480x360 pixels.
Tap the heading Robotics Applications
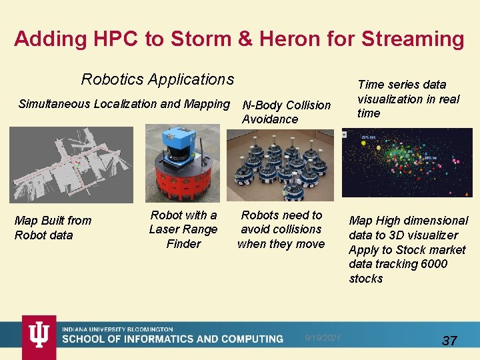pyautogui.click(x=157, y=79)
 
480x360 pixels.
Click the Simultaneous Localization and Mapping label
pyautogui.click(x=123, y=104)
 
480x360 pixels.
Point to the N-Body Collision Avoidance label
pyautogui.click(x=286, y=112)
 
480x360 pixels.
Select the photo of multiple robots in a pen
pyautogui.click(x=280, y=165)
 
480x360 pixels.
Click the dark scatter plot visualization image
pyautogui.click(x=407, y=163)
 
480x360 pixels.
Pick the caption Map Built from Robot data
pyautogui.click(x=53, y=228)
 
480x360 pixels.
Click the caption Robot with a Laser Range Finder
pyautogui.click(x=183, y=229)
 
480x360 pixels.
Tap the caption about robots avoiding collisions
pyautogui.click(x=281, y=229)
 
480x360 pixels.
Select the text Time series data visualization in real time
pyautogui.click(x=408, y=99)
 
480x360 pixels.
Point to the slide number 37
pyautogui.click(x=450, y=341)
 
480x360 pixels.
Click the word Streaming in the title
pyautogui.click(x=412, y=39)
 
